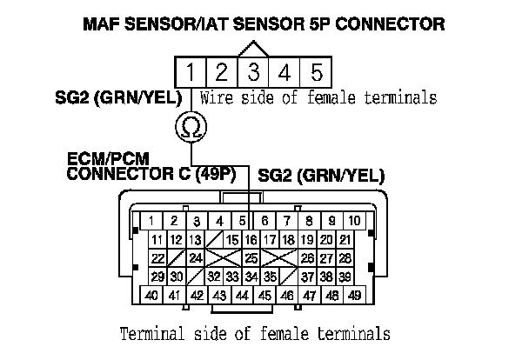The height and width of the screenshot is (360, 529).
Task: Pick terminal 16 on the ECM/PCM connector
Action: [251, 239]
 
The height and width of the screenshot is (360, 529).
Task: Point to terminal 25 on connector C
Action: [251, 258]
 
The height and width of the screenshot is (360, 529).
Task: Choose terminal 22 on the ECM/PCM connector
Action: [157, 258]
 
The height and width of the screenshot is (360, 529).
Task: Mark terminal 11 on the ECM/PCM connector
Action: [157, 239]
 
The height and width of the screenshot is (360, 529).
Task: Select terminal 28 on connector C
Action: [345, 258]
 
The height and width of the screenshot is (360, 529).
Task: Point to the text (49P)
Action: [217, 174]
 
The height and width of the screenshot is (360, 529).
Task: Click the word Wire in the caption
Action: [215, 98]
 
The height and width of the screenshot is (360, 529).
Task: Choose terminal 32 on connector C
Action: [213, 277]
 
